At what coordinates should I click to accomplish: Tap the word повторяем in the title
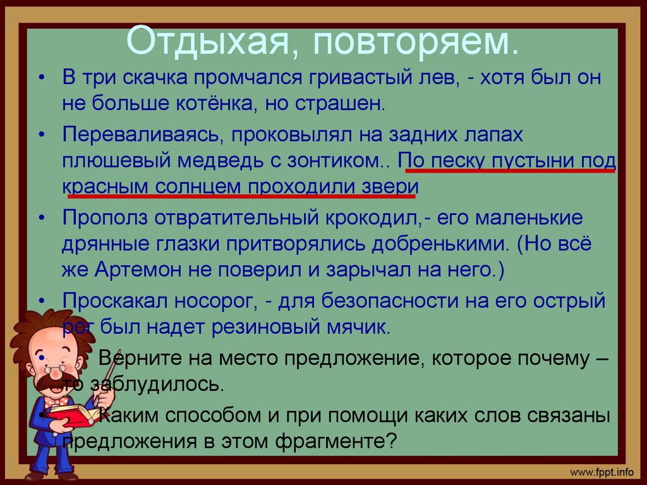click(x=414, y=41)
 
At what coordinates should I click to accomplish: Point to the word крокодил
click(x=366, y=218)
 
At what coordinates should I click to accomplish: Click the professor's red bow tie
click(x=58, y=400)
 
